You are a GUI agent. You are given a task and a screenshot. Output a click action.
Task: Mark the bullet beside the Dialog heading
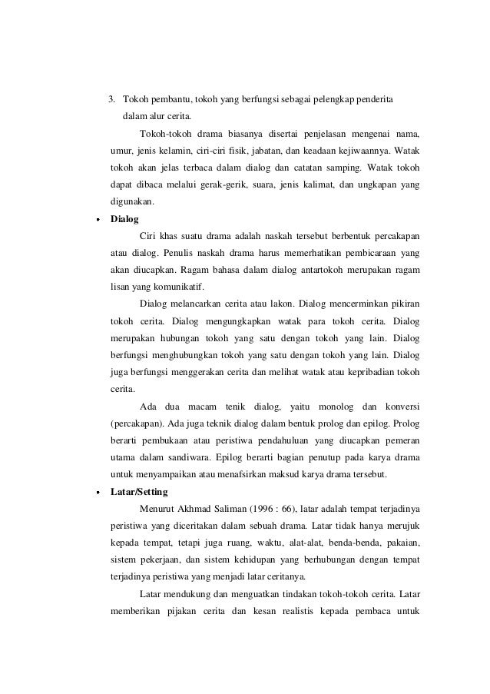97,220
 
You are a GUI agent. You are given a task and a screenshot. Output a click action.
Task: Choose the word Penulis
182,253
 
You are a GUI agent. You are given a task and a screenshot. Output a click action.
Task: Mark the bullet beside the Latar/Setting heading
97,492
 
